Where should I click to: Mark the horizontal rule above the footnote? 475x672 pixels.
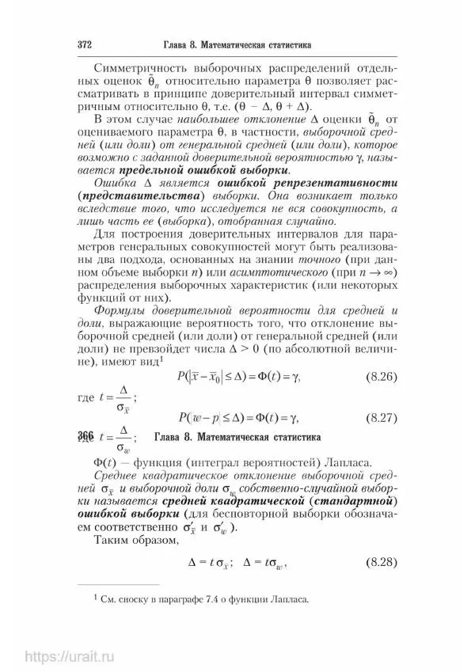[x=127, y=584]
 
